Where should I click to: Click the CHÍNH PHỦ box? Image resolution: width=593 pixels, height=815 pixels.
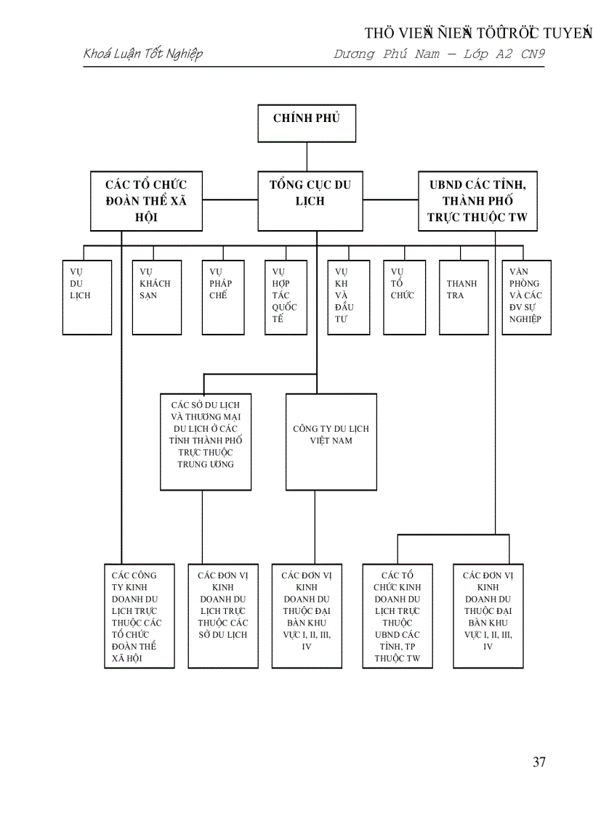307,123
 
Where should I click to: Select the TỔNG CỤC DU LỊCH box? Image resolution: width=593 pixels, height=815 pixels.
310,201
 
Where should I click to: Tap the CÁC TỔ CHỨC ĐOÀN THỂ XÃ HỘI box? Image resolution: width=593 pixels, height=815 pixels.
146,201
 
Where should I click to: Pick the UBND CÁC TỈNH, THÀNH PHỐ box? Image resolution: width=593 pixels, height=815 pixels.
477,201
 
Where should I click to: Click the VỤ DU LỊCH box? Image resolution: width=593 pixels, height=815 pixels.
87,297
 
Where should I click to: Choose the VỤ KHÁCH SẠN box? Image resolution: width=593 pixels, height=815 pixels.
157,297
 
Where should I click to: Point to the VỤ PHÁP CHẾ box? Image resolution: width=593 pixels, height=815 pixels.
223,297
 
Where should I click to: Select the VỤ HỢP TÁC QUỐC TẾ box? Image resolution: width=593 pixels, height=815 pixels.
286,297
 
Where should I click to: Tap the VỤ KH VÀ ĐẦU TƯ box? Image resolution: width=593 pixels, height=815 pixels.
349,297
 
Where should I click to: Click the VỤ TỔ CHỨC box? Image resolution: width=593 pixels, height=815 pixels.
405,297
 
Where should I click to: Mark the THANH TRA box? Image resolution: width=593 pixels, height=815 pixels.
464,297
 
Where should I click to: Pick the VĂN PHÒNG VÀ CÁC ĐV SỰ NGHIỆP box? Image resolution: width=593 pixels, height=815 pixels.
527,297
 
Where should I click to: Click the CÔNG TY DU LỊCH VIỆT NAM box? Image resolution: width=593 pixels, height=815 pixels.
331,441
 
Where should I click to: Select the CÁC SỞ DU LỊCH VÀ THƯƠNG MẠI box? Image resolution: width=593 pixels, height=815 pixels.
206,441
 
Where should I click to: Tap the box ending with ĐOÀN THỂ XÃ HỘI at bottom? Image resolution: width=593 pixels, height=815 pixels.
140,615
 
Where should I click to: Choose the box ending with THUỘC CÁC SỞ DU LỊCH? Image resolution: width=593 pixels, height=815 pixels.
223,615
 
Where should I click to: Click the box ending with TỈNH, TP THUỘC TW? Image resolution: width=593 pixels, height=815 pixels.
398,615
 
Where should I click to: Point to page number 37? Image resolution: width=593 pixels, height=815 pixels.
538,761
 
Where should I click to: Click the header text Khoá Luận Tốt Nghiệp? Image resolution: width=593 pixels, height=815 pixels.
143,54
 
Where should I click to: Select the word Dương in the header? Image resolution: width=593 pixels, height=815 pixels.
354,54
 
